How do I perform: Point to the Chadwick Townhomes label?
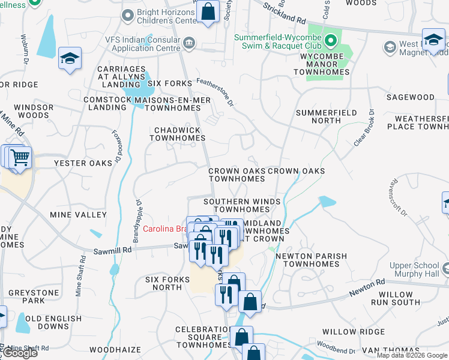click(177, 134)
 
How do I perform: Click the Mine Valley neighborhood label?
click(79, 214)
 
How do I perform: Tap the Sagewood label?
click(411, 97)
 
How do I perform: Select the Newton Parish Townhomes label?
click(311, 260)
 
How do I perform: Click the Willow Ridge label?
click(354, 331)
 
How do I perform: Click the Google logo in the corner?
click(20, 353)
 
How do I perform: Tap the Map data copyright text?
click(412, 355)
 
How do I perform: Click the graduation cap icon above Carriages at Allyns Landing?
click(70, 58)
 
